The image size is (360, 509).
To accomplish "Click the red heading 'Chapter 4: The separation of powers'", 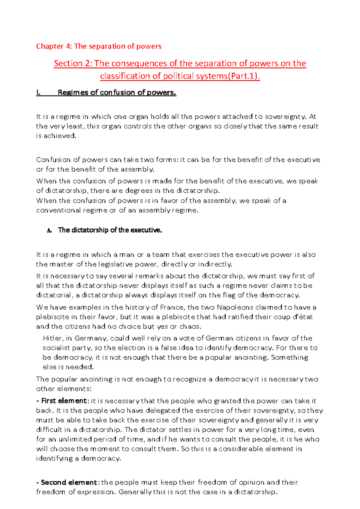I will click(x=99, y=46).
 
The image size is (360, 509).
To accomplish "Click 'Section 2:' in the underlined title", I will click(x=73, y=64).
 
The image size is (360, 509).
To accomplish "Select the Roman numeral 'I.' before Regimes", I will click(x=38, y=93).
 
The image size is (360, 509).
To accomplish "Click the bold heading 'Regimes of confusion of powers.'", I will click(x=117, y=93).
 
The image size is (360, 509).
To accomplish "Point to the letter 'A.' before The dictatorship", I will click(x=49, y=231).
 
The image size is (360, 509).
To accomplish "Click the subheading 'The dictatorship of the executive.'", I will click(x=110, y=230).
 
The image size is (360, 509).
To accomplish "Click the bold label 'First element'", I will click(x=64, y=401).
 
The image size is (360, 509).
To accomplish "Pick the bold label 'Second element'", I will click(x=68, y=482).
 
